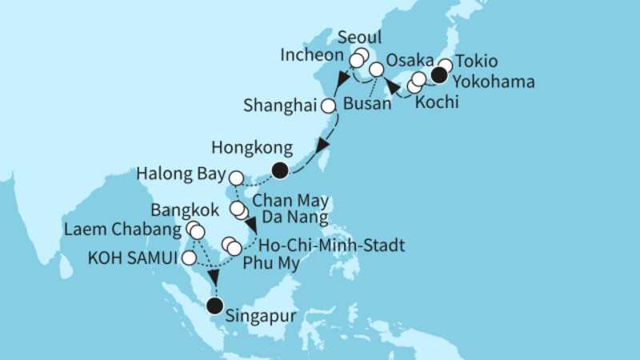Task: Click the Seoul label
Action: pyautogui.click(x=360, y=38)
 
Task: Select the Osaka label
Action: pyautogui.click(x=410, y=62)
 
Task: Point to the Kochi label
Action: pyautogui.click(x=436, y=104)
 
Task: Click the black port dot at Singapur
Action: pyautogui.click(x=214, y=306)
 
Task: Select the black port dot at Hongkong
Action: pyautogui.click(x=279, y=170)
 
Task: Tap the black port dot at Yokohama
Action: pyautogui.click(x=438, y=77)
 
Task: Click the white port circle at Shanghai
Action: pyautogui.click(x=328, y=106)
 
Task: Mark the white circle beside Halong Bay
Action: pyautogui.click(x=237, y=177)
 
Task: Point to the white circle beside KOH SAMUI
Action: pyautogui.click(x=189, y=258)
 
